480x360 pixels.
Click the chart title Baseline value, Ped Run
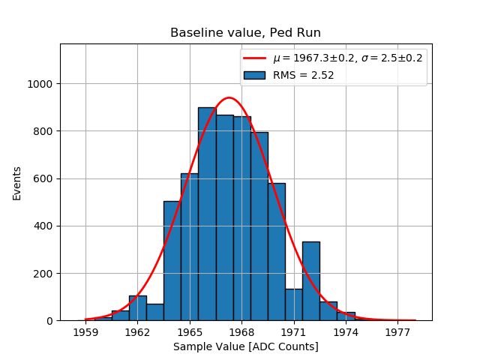[x=245, y=33]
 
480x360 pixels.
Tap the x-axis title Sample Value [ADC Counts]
[x=245, y=346]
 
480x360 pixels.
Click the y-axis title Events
[x=16, y=183]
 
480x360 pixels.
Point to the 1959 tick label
[x=85, y=331]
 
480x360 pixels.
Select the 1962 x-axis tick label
[x=137, y=331]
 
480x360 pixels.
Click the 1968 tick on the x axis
[x=241, y=331]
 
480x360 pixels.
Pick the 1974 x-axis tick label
[x=346, y=331]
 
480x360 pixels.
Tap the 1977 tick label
[x=397, y=331]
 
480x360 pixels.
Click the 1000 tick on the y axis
[x=41, y=84]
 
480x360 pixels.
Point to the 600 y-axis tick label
[x=44, y=178]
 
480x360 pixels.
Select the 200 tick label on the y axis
[x=44, y=274]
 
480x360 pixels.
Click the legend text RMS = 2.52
[x=303, y=75]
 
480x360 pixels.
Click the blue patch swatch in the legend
[x=254, y=75]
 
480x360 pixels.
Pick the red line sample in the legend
[x=254, y=58]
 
